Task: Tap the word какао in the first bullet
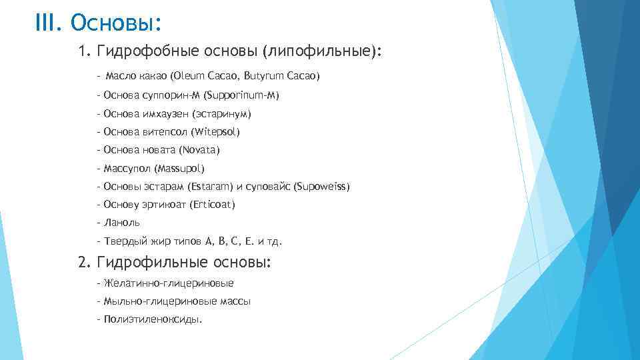click(x=153, y=77)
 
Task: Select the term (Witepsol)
click(x=215, y=132)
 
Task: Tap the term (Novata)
click(x=199, y=150)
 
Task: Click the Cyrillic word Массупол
click(x=127, y=169)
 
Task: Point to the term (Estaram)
click(x=209, y=187)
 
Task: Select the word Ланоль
click(x=122, y=223)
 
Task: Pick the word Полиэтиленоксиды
click(x=153, y=319)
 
